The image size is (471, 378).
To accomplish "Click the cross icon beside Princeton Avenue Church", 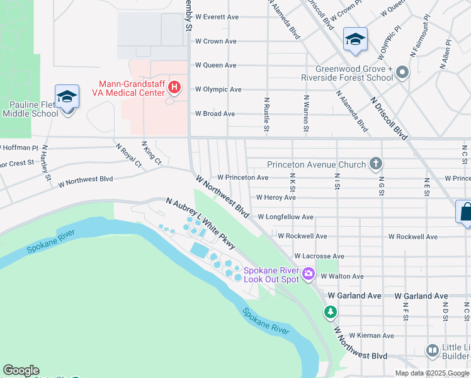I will coord(375,164).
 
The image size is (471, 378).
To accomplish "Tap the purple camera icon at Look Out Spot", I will coord(309,273).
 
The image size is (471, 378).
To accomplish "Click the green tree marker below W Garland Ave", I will coord(330,311).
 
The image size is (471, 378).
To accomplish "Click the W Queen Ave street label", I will coord(215,65).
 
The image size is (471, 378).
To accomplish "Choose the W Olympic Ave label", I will coord(218,89).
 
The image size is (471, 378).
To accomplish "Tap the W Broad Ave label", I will coord(215,114).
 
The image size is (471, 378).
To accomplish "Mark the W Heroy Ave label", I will coord(276,197).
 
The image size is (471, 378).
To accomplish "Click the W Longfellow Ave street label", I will coord(285,217).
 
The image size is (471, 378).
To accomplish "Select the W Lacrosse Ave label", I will coord(321,256).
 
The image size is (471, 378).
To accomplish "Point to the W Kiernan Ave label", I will coord(372,335).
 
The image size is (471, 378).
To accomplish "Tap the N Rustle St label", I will coord(267,115).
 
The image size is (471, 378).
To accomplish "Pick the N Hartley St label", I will coord(45,163).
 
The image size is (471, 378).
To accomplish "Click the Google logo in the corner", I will coord(21,370).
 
